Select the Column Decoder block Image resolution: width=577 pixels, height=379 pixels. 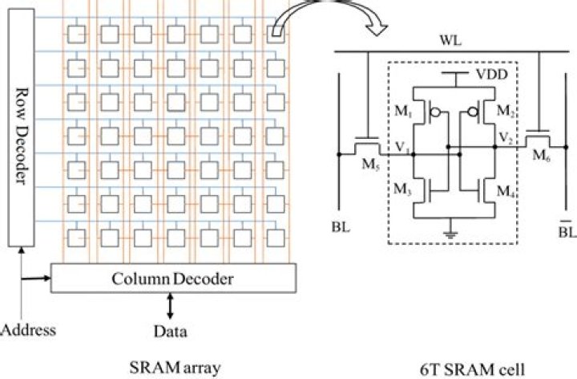pos(174,279)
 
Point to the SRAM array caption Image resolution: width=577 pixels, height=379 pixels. pos(174,367)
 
